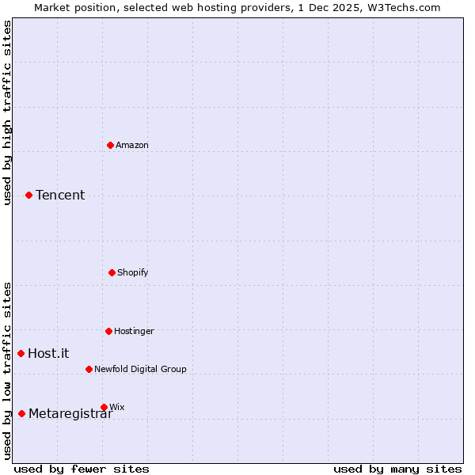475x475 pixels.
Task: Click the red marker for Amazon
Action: click(x=111, y=145)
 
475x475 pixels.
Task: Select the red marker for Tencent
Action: click(x=28, y=195)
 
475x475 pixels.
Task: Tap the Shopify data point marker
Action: click(x=112, y=272)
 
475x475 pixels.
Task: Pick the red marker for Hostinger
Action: click(x=108, y=331)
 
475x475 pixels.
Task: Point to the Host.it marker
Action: click(x=21, y=353)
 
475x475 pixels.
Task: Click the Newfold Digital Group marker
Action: click(x=89, y=369)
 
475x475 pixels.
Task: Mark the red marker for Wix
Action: click(x=104, y=407)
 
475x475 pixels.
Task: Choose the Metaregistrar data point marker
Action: click(x=21, y=413)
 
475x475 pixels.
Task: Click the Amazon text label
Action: click(x=132, y=145)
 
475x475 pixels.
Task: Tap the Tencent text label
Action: click(x=60, y=195)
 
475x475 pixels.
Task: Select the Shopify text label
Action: click(x=133, y=272)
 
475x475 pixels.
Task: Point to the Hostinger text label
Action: click(x=134, y=331)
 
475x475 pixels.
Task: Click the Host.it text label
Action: click(x=48, y=353)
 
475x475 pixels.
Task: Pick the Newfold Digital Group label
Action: click(x=140, y=369)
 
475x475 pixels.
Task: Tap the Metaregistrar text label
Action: click(x=70, y=413)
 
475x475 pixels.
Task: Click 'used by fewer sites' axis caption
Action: click(x=82, y=469)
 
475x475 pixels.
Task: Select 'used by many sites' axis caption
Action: click(x=397, y=469)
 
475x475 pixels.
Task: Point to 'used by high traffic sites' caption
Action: click(x=7, y=112)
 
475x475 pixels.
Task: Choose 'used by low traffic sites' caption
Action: click(x=7, y=370)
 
